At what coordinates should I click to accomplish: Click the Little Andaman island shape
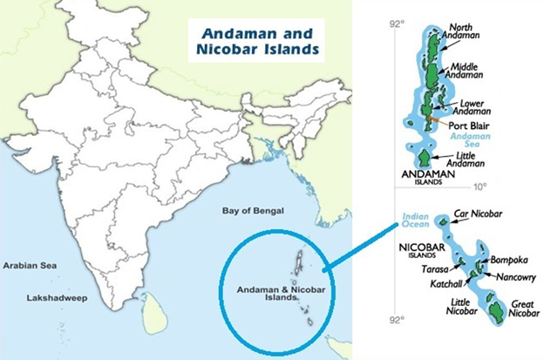[x=424, y=158]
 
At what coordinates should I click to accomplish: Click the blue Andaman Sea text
[x=469, y=141]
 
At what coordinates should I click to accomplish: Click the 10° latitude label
[x=480, y=187]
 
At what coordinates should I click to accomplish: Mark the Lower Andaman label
[x=474, y=106]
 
